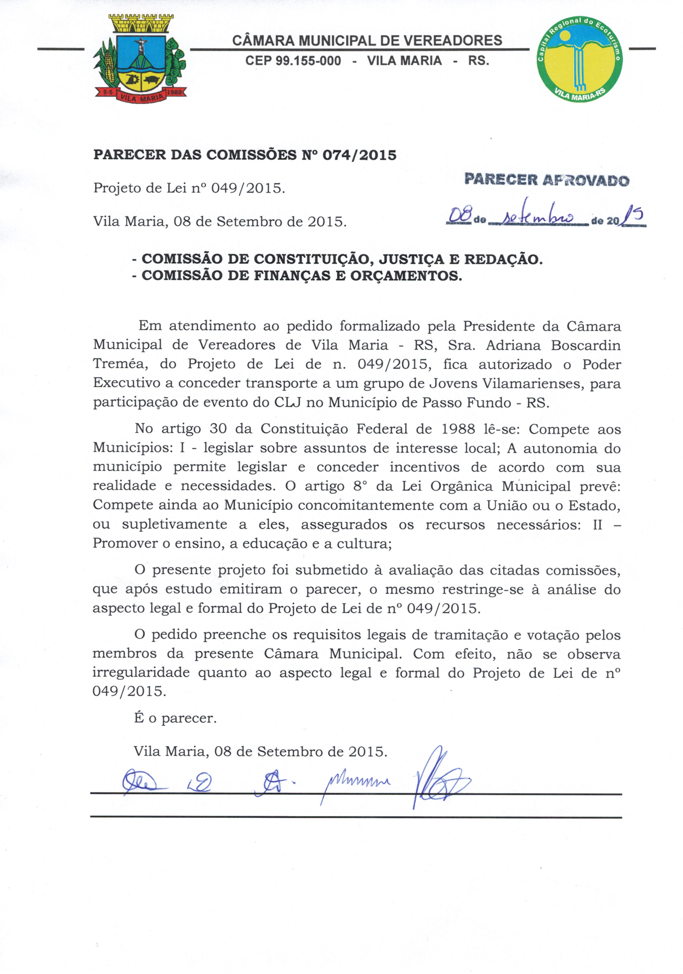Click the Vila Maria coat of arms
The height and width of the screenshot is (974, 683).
(140, 60)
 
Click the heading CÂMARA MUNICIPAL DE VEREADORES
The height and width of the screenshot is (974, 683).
(367, 41)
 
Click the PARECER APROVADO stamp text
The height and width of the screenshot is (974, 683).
(547, 180)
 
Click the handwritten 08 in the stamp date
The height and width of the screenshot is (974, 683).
(460, 218)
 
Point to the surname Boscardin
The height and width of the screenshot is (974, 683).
(585, 345)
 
